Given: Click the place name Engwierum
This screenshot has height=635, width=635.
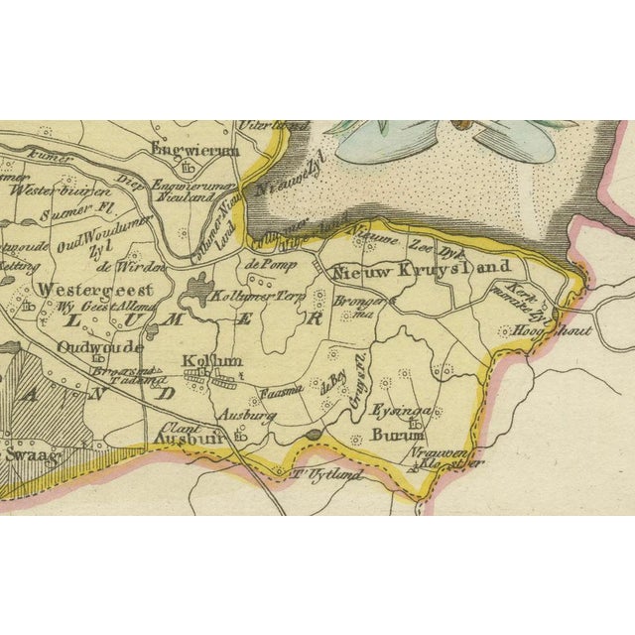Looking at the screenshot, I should (195, 150).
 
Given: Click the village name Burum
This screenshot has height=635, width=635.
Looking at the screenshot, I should (395, 435).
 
